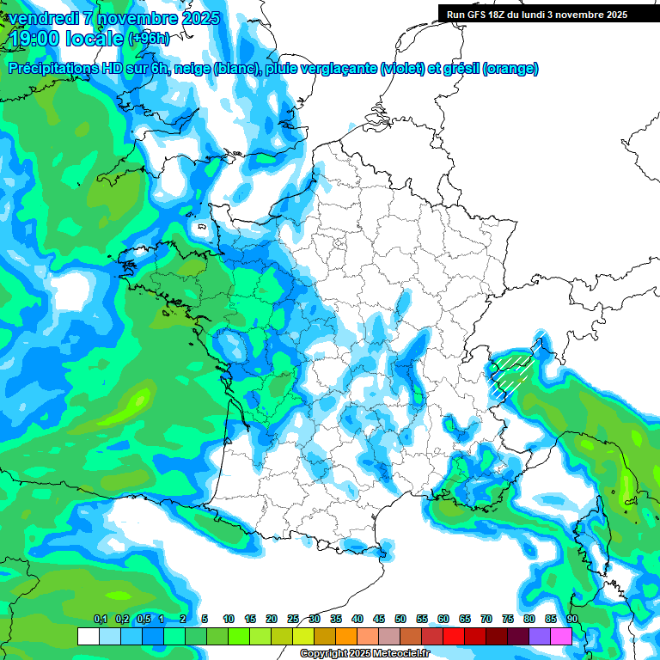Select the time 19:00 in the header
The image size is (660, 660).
[35, 39]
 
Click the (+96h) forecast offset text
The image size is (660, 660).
[149, 39]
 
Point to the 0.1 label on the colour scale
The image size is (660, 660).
[100, 619]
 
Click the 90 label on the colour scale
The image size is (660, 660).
[571, 619]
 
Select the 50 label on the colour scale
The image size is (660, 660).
[400, 619]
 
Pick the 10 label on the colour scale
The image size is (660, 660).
[228, 619]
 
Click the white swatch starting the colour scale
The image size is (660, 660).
[88, 636]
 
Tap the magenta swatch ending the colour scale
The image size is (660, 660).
[560, 636]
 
